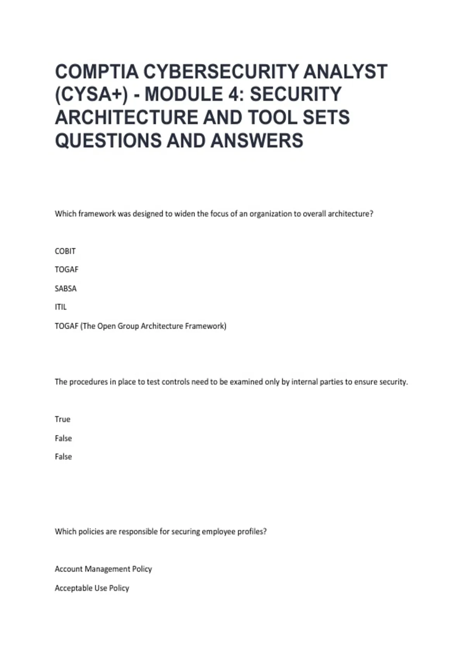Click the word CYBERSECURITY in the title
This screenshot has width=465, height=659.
(221, 72)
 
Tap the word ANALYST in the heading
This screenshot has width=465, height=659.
(345, 72)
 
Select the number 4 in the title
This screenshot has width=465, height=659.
(235, 95)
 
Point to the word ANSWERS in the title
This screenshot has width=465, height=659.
(257, 140)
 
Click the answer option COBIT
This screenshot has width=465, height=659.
(65, 251)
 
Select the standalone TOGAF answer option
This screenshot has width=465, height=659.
(66, 269)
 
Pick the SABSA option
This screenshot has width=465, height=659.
(65, 288)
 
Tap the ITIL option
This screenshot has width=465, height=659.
(60, 307)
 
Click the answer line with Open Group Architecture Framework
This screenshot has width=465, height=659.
(140, 326)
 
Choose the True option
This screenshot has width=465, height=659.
(62, 419)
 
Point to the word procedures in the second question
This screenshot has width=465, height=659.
(88, 382)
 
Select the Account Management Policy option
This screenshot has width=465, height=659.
(103, 569)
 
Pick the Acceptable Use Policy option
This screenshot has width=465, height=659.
(92, 588)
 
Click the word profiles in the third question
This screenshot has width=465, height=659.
(252, 531)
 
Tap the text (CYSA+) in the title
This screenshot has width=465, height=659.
(91, 95)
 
